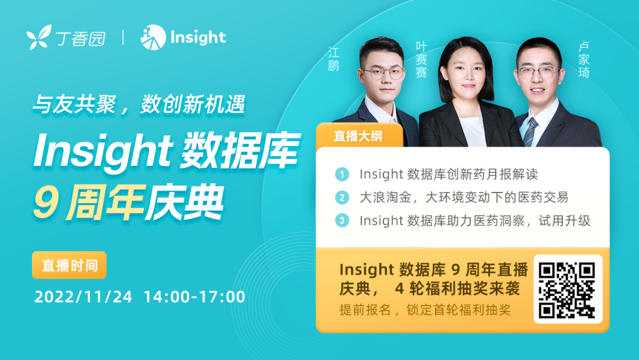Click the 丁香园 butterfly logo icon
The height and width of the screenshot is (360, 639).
click(39, 37)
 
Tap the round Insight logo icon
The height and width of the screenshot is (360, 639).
click(153, 37)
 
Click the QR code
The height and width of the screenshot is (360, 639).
click(567, 290)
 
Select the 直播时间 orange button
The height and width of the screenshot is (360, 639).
click(69, 265)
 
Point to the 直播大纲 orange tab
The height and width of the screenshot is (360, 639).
click(359, 136)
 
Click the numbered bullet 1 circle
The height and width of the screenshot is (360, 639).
click(342, 175)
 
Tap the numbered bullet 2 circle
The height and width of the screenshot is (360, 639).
click(342, 198)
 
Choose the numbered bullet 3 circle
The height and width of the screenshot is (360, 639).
click(342, 221)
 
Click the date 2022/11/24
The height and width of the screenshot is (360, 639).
click(83, 297)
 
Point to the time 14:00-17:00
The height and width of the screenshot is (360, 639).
click(195, 297)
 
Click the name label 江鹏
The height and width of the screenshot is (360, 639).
click(334, 59)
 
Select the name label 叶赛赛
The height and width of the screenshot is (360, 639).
click(421, 60)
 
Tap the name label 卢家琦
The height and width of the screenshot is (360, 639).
click(584, 60)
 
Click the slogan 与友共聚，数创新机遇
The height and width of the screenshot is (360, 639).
click(139, 104)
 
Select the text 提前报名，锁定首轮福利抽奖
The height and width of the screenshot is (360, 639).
click(425, 310)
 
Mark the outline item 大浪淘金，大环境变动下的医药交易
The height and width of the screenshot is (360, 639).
click(464, 198)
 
